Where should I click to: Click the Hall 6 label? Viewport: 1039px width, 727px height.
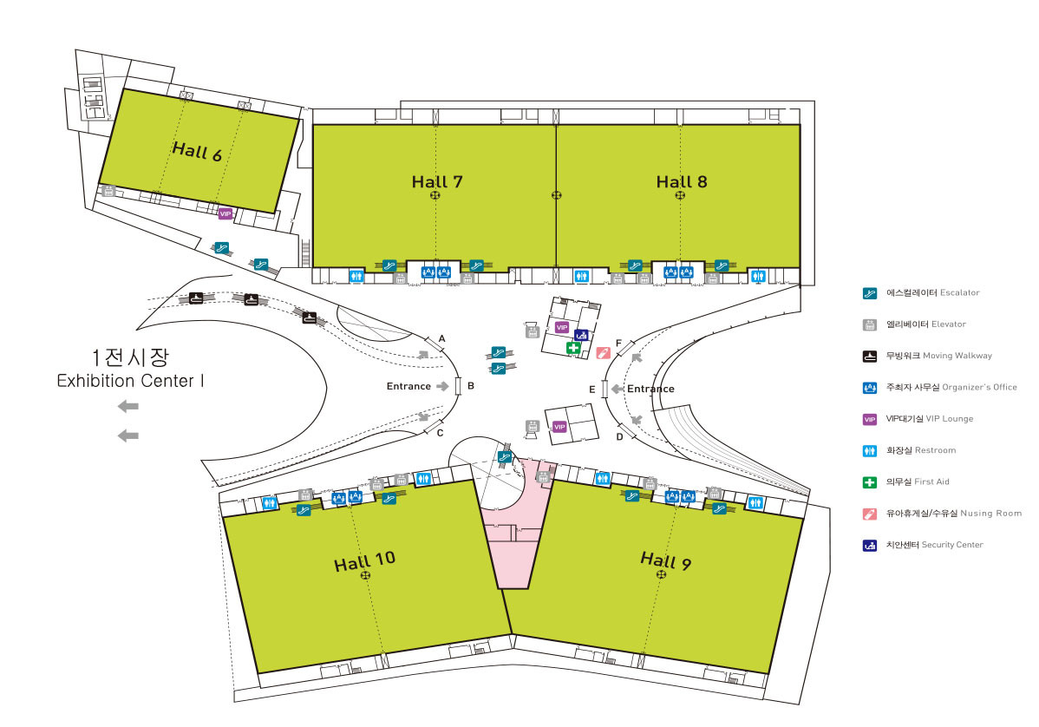click(197, 152)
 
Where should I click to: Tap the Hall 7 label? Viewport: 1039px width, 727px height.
click(437, 181)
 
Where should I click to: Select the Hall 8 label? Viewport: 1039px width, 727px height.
click(682, 181)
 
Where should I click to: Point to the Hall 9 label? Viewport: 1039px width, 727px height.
click(666, 560)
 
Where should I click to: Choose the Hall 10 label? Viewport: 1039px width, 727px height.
click(364, 561)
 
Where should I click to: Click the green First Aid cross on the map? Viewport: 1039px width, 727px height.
click(573, 348)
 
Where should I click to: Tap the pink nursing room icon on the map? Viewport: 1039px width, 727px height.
click(603, 353)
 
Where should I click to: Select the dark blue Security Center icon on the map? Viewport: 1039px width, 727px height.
click(581, 336)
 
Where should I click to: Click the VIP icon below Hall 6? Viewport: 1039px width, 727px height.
click(225, 213)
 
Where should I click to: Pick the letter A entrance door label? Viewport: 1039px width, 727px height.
click(442, 338)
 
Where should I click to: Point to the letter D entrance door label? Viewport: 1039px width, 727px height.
click(619, 436)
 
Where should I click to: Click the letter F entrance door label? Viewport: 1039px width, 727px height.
click(619, 344)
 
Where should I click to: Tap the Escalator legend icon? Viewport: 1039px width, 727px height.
click(870, 293)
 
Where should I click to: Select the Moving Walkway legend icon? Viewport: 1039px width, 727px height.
click(870, 357)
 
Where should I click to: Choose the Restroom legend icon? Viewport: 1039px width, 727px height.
click(870, 450)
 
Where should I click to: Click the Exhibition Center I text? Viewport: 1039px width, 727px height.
click(131, 381)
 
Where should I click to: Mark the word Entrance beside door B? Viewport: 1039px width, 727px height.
click(408, 386)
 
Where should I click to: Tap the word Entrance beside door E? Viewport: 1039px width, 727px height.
click(650, 389)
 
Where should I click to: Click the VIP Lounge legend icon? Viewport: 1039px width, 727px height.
click(870, 420)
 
